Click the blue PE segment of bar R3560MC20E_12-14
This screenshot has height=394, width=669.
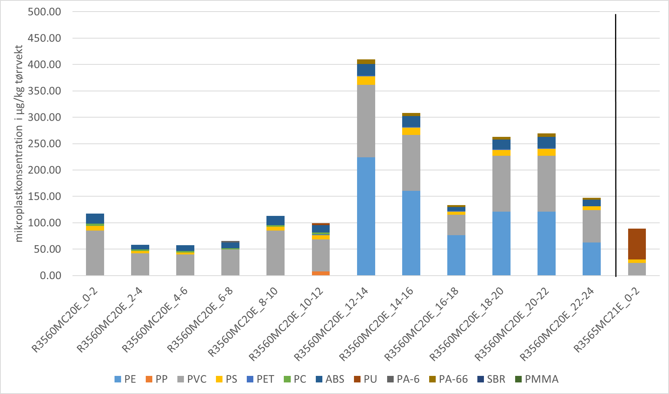(x=366, y=216)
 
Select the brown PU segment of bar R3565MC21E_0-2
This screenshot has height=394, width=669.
(x=637, y=244)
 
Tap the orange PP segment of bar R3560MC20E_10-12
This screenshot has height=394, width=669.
(x=320, y=273)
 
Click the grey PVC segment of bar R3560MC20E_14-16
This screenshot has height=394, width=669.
(x=411, y=163)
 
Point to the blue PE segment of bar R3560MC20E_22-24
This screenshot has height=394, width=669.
(x=591, y=259)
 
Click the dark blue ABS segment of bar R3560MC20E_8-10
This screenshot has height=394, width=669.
(x=275, y=221)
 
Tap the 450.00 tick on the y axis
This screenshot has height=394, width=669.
(x=44, y=38)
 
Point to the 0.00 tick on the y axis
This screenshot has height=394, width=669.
(x=51, y=276)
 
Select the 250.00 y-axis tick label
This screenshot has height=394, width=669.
(x=44, y=144)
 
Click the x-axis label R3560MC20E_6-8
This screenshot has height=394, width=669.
(x=201, y=320)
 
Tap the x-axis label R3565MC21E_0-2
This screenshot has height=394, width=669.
(x=607, y=320)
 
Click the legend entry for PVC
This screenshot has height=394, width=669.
(x=197, y=379)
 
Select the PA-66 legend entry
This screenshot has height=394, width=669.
(x=453, y=379)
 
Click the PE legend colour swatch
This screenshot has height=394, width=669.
(x=118, y=379)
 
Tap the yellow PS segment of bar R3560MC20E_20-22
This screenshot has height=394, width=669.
(x=546, y=152)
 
